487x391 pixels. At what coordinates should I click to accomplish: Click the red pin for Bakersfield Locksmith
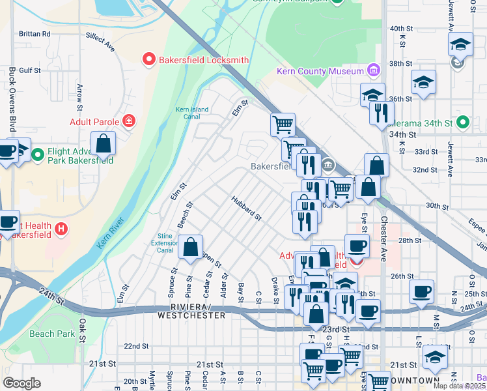tap(148, 60)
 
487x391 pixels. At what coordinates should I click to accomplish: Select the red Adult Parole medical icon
tap(130, 121)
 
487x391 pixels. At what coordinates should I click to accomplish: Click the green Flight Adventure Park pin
tap(38, 155)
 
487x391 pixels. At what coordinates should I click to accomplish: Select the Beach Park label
tap(52, 334)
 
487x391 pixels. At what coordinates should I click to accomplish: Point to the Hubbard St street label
tap(246, 208)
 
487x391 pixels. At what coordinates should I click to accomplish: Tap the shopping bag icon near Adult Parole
tap(103, 143)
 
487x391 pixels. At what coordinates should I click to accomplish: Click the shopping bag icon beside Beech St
tap(190, 248)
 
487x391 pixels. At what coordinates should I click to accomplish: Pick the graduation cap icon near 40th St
tap(460, 44)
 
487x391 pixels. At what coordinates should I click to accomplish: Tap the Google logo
tap(21, 383)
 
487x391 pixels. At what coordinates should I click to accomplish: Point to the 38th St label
tap(397, 64)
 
